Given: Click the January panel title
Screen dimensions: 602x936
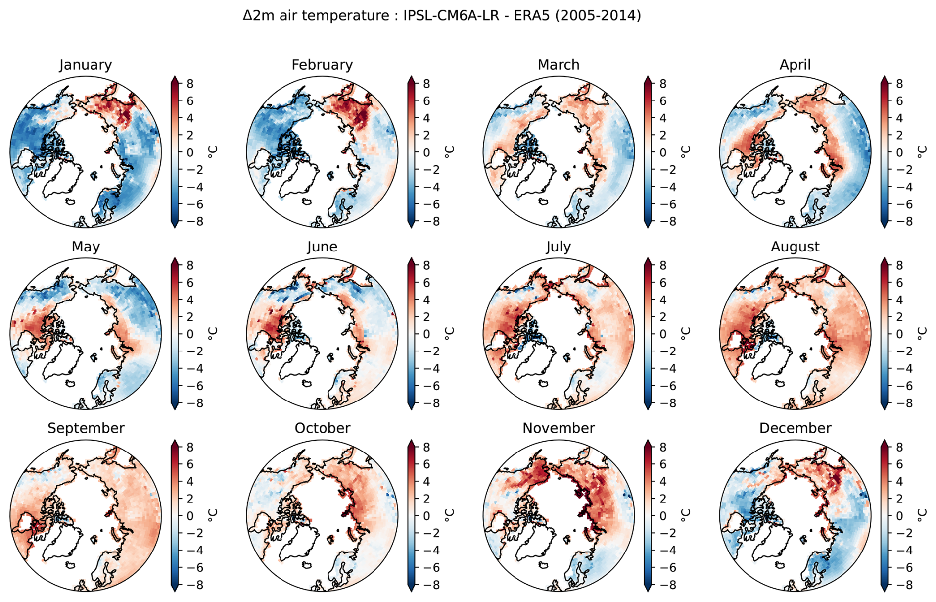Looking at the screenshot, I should pyautogui.click(x=86, y=65).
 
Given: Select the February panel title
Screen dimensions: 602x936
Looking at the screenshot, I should pyautogui.click(x=322, y=65).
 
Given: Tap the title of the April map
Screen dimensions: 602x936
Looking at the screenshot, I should pyautogui.click(x=795, y=65).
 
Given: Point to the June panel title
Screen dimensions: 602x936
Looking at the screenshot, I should pyautogui.click(x=322, y=247).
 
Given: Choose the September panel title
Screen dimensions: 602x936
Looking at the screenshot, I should pyautogui.click(x=86, y=428).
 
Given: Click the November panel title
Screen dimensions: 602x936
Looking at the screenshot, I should pyautogui.click(x=559, y=428).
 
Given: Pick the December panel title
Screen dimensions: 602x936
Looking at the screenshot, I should pyautogui.click(x=795, y=428).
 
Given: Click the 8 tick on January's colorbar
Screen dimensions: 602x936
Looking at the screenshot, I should pyautogui.click(x=190, y=84).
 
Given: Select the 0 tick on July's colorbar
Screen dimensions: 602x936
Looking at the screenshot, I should pyautogui.click(x=663, y=334).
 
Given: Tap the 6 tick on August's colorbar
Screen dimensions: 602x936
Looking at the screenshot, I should pyautogui.click(x=899, y=283).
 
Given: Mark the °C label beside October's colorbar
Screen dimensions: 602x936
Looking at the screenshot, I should pyautogui.click(x=449, y=515).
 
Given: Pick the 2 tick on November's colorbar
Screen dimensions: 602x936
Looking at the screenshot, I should pyautogui.click(x=663, y=499).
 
